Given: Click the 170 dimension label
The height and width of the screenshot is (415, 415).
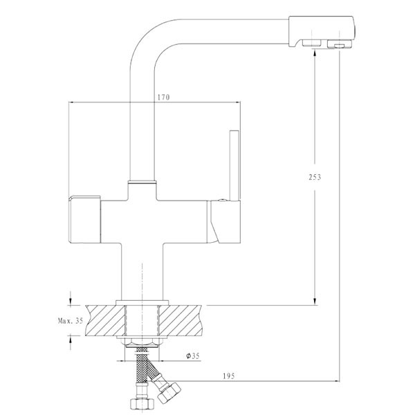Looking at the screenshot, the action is click(x=163, y=97).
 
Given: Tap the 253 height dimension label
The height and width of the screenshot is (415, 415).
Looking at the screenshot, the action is click(x=315, y=177).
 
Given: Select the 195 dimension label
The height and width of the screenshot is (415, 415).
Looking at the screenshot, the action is click(x=229, y=376).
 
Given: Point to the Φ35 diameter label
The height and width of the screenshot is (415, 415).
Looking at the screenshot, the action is click(x=193, y=356).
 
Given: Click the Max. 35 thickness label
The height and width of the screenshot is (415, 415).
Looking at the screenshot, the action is click(x=71, y=321).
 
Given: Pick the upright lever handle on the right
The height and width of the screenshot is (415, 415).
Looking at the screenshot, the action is click(x=234, y=165).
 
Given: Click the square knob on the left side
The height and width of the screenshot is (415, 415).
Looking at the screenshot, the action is click(x=84, y=219).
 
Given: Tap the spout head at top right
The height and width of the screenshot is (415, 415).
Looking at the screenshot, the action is click(x=322, y=32).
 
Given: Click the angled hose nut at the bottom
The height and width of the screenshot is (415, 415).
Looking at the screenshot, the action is click(x=168, y=392).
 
